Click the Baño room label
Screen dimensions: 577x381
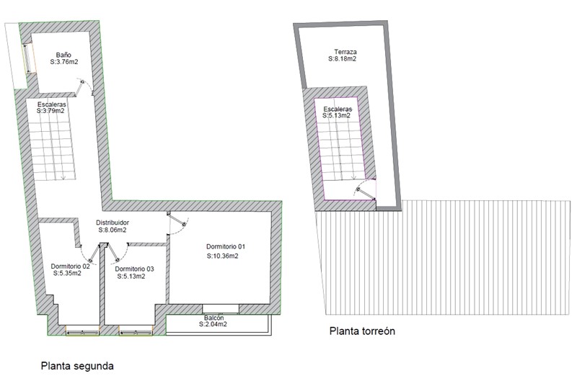pyautogui.click(x=63, y=55)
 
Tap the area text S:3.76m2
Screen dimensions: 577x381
pyautogui.click(x=64, y=62)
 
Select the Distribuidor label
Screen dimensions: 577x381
pyautogui.click(x=113, y=223)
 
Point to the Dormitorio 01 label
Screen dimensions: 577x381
pyautogui.click(x=226, y=246)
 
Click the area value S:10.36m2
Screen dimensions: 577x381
pyautogui.click(x=222, y=256)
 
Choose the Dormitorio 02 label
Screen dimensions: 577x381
pyautogui.click(x=70, y=266)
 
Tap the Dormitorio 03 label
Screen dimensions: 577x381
pyautogui.click(x=134, y=269)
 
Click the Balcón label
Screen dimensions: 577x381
pyautogui.click(x=213, y=318)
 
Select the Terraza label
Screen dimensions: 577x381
pyautogui.click(x=345, y=52)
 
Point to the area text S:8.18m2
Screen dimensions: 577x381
pyautogui.click(x=342, y=59)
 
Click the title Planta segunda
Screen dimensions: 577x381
pyautogui.click(x=77, y=366)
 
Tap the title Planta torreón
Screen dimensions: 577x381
pyautogui.click(x=362, y=331)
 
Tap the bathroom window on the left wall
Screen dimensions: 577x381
pyautogui.click(x=27, y=59)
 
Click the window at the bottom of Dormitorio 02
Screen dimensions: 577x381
pyautogui.click(x=82, y=332)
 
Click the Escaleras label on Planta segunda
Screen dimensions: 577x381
pyautogui.click(x=51, y=104)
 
